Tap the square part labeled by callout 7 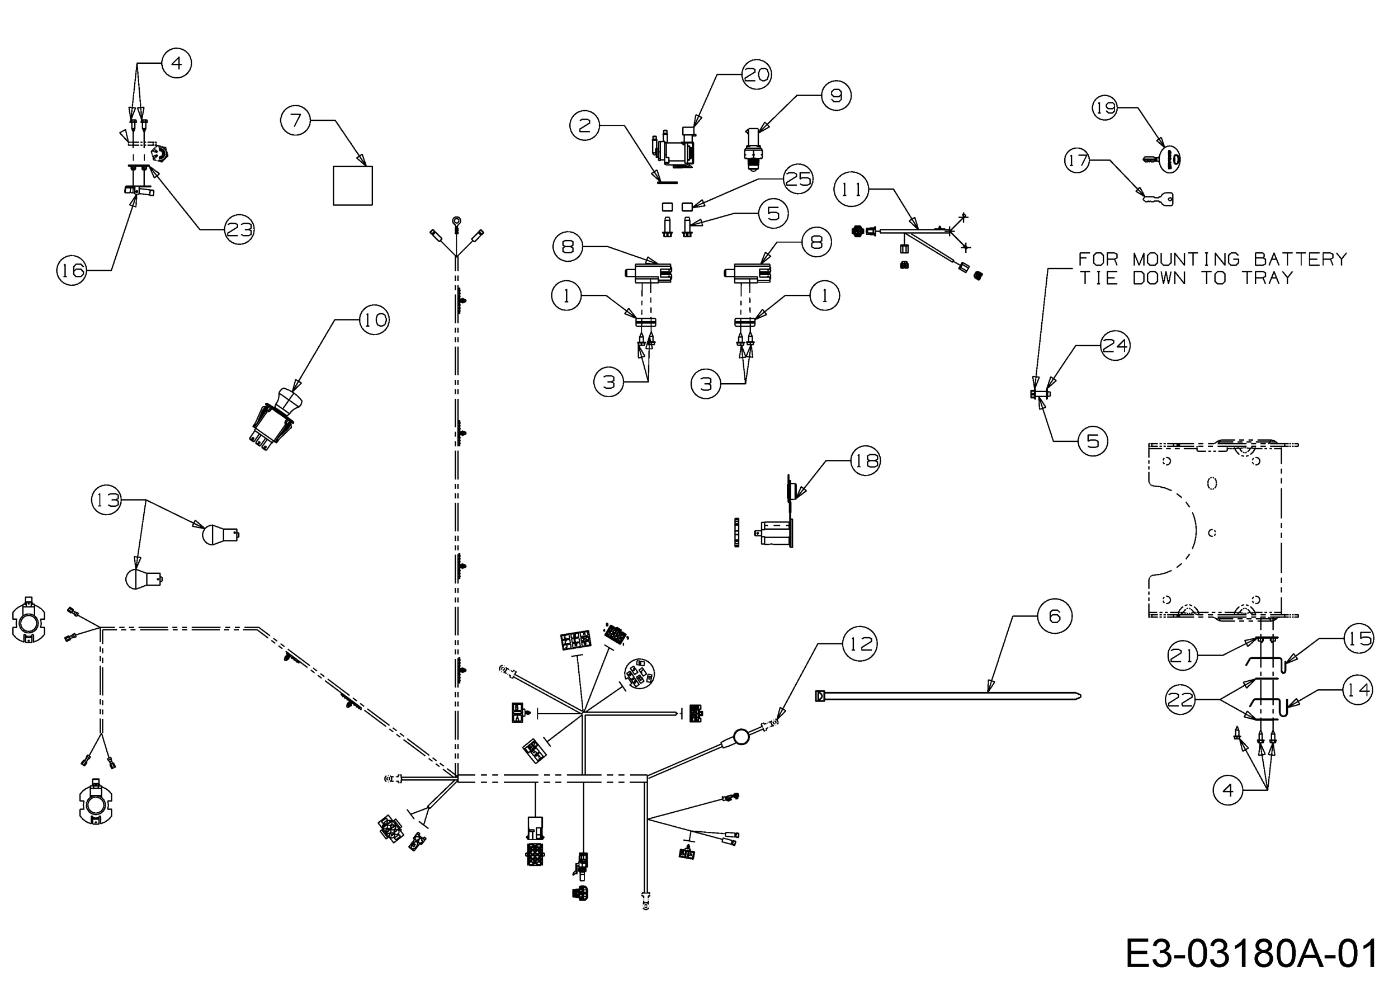click(x=352, y=186)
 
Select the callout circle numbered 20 click(x=757, y=75)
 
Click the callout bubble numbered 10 click(x=374, y=320)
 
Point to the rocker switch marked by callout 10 click(x=275, y=418)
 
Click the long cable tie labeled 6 click(x=948, y=695)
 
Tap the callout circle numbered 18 click(x=865, y=460)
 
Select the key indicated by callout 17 click(x=1156, y=198)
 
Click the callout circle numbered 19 click(x=1106, y=108)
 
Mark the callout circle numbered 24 click(x=1115, y=346)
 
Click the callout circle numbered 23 click(x=239, y=229)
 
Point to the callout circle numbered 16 click(x=72, y=270)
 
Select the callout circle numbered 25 click(x=797, y=178)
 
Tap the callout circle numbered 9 click(x=836, y=96)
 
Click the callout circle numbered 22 click(x=1180, y=700)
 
